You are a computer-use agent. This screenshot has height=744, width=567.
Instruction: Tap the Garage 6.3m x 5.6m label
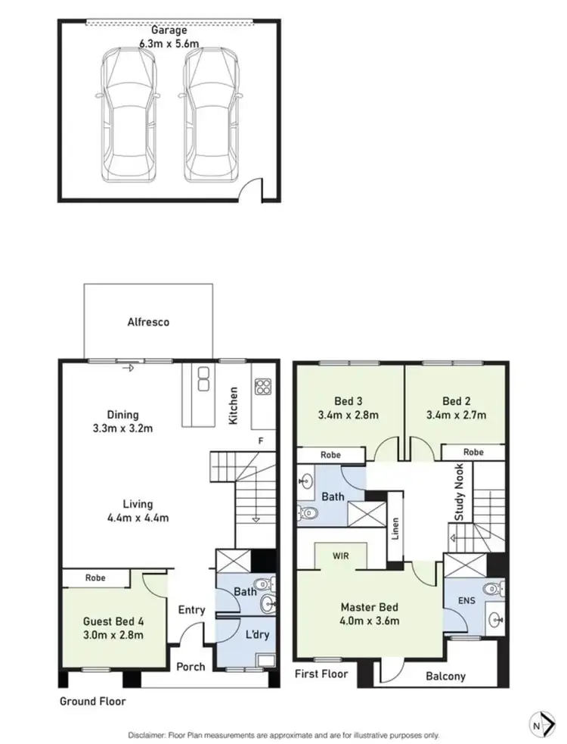(168, 36)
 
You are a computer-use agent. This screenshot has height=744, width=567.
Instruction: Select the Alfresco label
(147, 322)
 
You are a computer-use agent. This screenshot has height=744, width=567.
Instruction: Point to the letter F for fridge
(259, 440)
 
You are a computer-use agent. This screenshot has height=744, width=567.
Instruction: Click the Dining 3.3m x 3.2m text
(122, 421)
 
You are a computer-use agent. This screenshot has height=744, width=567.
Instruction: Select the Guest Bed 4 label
(113, 629)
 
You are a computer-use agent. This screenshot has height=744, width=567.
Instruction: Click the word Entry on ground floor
(191, 609)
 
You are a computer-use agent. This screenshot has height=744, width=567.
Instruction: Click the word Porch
(191, 667)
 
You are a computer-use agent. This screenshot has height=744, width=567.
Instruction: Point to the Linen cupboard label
(395, 530)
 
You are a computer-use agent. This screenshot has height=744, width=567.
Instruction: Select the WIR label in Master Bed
(340, 555)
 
